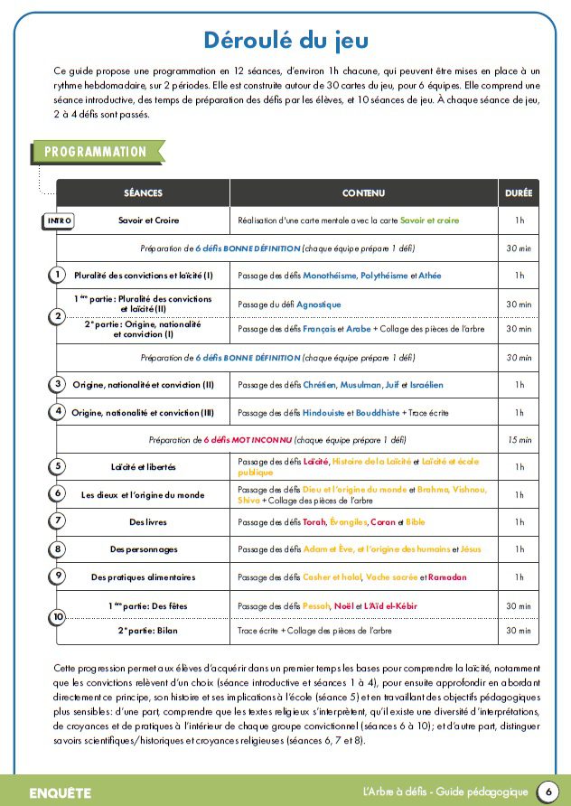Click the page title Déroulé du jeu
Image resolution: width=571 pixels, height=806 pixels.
(x=285, y=41)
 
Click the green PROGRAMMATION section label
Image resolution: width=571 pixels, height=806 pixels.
(x=95, y=152)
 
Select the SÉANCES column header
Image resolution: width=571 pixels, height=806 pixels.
(x=143, y=193)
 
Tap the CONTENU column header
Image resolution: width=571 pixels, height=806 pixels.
(x=363, y=193)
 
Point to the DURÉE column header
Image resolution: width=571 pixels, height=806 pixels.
(x=519, y=193)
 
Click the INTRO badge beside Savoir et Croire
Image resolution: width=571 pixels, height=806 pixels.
(x=59, y=220)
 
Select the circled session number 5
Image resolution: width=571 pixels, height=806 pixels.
(x=58, y=466)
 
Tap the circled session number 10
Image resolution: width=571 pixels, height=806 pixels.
(x=58, y=617)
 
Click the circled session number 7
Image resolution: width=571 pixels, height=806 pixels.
(x=58, y=520)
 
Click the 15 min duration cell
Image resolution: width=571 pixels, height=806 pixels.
(x=519, y=440)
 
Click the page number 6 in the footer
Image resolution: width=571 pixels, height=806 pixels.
(x=548, y=792)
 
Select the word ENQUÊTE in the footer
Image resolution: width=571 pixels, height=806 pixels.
(x=61, y=792)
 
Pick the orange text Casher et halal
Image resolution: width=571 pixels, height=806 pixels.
(x=331, y=576)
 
